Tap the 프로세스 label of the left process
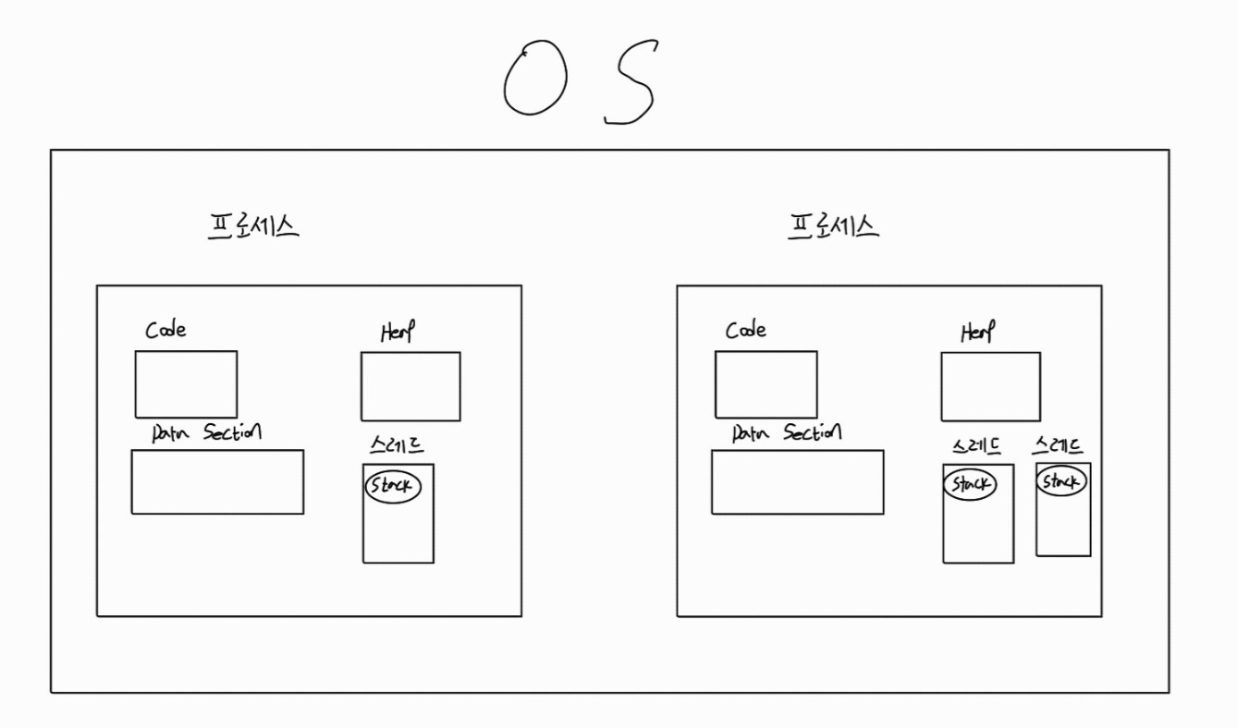click(253, 226)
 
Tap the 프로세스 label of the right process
click(833, 226)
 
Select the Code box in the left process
click(186, 384)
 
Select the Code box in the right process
click(766, 384)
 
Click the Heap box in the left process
click(411, 386)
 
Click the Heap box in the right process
click(990, 386)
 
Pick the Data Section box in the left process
click(217, 481)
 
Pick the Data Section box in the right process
click(797, 481)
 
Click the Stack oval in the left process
click(393, 486)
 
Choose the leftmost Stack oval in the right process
click(970, 484)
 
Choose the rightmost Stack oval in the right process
click(1060, 481)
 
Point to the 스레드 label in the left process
click(396, 446)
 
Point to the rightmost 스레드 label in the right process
click(1059, 446)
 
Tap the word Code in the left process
click(166, 330)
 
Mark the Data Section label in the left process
click(207, 432)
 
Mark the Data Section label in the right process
click(787, 432)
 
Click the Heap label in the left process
click(398, 333)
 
